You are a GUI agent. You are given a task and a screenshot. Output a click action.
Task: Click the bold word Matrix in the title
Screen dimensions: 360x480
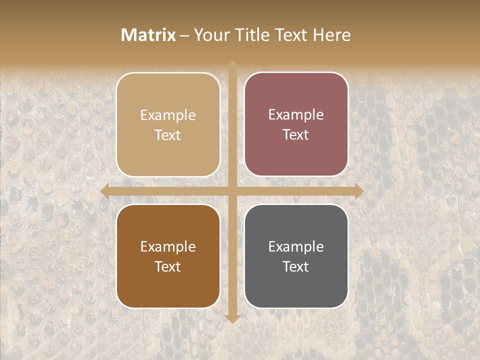(x=148, y=35)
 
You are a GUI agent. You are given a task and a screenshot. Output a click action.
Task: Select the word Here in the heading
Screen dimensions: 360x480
(x=331, y=35)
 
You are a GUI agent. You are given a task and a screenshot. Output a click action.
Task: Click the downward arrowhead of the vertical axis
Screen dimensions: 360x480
(x=232, y=318)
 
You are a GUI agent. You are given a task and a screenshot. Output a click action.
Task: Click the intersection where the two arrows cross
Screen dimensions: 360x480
(x=232, y=191)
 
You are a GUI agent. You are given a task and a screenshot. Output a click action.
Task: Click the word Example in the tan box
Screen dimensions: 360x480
(x=168, y=115)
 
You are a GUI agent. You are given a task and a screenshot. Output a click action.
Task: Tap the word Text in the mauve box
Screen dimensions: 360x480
(x=296, y=135)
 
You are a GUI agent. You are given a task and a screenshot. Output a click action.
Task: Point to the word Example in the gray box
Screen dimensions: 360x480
(x=296, y=246)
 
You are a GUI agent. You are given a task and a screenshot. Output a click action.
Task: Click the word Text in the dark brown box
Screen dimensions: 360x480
(x=168, y=266)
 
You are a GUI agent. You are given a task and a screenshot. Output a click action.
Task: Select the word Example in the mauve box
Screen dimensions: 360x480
(x=296, y=115)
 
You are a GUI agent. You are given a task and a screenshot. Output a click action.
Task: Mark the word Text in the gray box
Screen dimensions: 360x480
(x=296, y=266)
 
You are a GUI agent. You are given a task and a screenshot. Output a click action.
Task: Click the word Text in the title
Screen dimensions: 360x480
(x=290, y=35)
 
